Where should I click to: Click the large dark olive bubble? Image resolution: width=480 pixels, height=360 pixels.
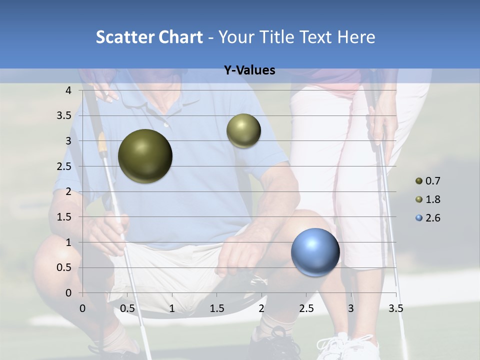coord(145,156)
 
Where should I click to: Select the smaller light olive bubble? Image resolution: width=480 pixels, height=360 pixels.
coord(243,130)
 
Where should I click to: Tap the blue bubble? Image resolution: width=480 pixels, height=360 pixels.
coord(315,252)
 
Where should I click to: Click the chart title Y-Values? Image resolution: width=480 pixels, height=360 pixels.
coord(249,70)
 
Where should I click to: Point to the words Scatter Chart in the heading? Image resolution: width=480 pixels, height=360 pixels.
coord(149,37)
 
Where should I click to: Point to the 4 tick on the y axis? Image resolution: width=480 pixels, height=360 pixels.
coord(68,90)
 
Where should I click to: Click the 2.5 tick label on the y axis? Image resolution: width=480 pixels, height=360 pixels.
coord(64,166)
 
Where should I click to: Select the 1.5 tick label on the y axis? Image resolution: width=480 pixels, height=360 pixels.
coord(64,217)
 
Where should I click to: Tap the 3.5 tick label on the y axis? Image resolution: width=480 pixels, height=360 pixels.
coord(64,116)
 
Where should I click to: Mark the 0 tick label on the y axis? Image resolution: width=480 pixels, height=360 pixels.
coord(68,293)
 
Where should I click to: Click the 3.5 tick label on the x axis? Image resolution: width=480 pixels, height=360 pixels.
coord(395,308)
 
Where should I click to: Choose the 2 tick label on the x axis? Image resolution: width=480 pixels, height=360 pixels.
coord(261,308)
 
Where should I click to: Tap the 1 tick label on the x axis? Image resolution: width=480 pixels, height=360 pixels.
coord(172,308)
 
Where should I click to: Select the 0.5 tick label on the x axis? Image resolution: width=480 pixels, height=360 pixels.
coord(127,308)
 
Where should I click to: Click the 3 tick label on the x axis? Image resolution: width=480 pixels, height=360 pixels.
coord(351,308)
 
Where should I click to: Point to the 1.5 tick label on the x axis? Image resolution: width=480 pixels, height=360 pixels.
coord(216,308)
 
